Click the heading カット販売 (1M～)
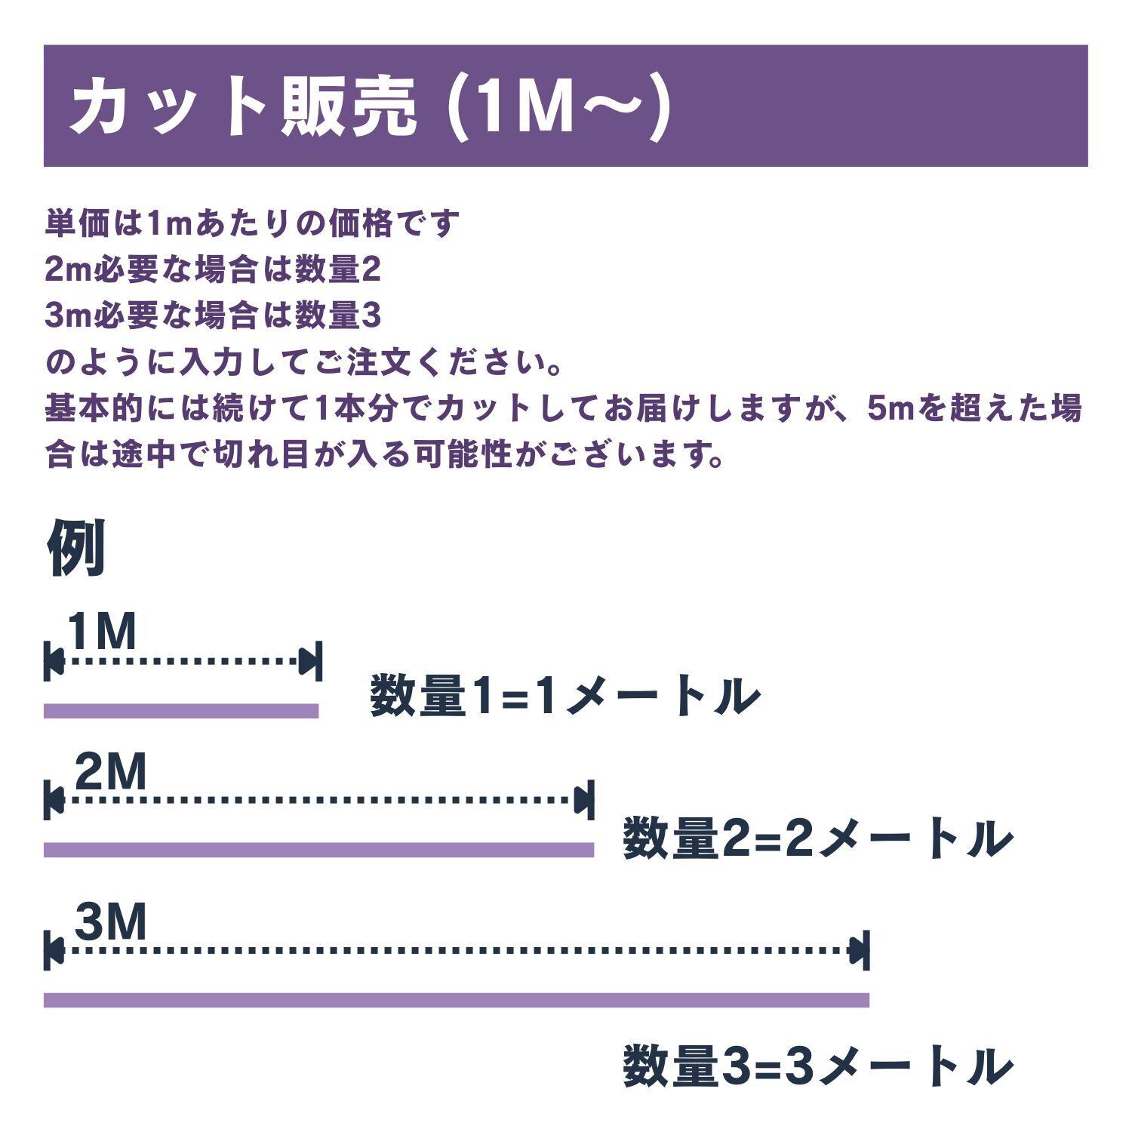(370, 106)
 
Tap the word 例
(75, 548)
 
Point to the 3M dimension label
(110, 921)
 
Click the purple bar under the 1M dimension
(181, 710)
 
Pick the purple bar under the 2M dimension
(318, 850)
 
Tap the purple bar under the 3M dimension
(457, 1000)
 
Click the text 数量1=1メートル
(564, 696)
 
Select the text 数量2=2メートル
(817, 838)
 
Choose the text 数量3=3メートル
(817, 1066)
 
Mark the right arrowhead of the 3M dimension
(858, 950)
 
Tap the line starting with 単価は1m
(252, 223)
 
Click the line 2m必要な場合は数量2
(213, 270)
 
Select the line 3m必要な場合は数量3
(213, 316)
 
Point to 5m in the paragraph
(891, 409)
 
